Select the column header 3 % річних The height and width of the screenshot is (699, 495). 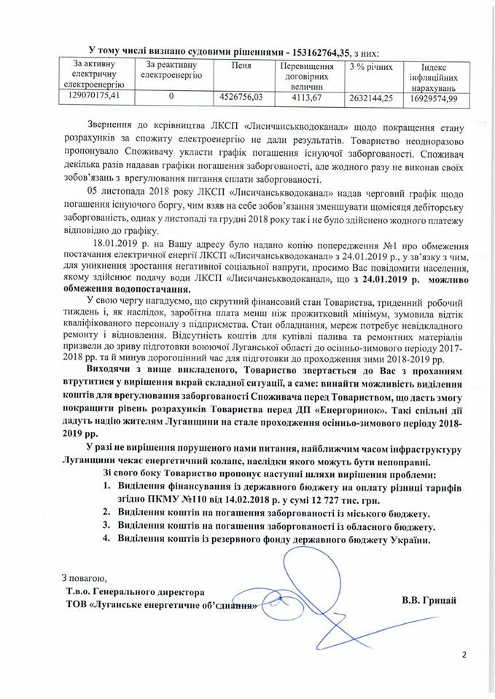(368, 66)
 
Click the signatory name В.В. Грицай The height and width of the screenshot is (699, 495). (429, 599)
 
